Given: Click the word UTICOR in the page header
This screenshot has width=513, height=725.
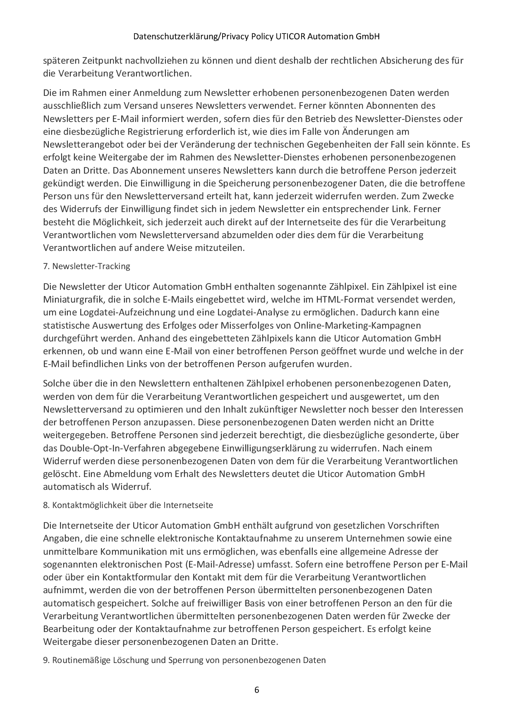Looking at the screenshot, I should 289,37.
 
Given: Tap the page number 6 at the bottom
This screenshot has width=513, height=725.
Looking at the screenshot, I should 256,690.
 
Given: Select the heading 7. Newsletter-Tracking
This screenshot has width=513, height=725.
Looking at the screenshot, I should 86,266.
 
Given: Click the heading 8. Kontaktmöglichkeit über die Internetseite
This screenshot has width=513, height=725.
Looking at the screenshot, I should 128,505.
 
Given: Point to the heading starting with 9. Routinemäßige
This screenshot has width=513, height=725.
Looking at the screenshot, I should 184,660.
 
